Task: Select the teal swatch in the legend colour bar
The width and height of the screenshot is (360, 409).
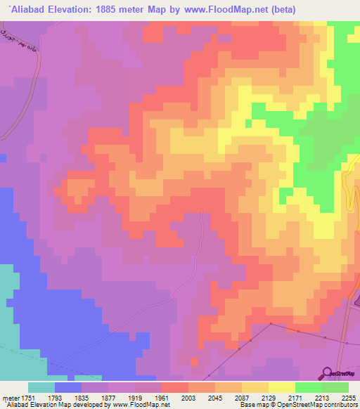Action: (x=41, y=387)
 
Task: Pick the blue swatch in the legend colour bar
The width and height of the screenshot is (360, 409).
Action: (x=67, y=387)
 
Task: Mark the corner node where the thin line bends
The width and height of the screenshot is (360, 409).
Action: (x=271, y=324)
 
